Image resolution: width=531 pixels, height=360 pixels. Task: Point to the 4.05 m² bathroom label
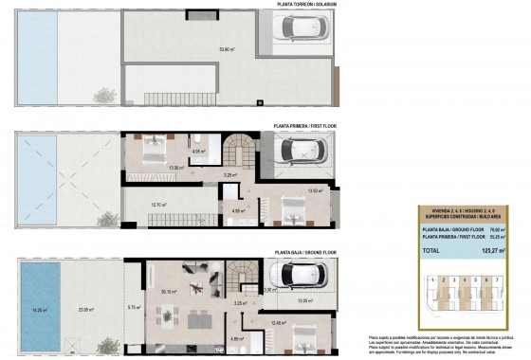click(x=198, y=151)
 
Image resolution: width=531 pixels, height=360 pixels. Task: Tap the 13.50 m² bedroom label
click(x=316, y=190)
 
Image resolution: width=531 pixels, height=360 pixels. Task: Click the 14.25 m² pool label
click(x=41, y=309)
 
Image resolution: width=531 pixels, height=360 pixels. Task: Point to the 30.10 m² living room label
click(x=169, y=292)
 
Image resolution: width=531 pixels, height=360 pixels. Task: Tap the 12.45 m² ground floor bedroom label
click(x=279, y=322)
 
